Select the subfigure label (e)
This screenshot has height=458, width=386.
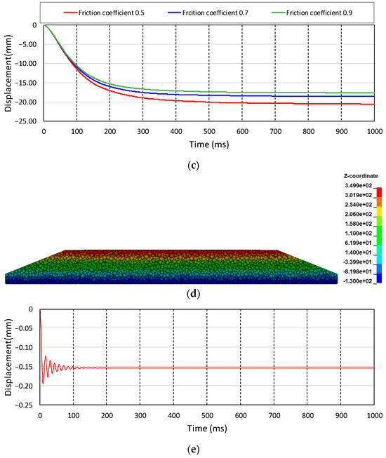pos(193,450)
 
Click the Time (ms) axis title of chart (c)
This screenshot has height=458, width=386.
pos(208,143)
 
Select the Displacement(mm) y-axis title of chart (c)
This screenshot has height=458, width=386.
pos(6,72)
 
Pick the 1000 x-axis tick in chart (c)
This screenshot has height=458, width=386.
pos(373,130)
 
